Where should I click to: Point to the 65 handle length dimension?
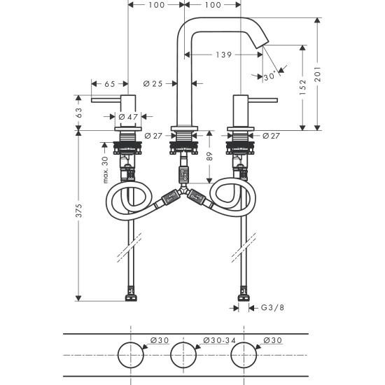tap(109, 84)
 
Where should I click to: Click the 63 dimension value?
tap(80, 111)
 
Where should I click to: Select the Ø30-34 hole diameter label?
tap(217, 340)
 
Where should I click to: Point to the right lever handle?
tap(262, 100)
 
